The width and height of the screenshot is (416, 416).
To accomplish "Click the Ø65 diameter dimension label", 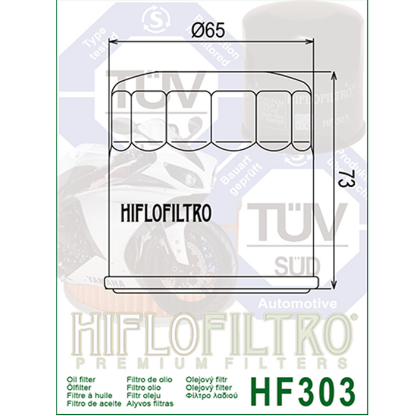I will click(209, 31).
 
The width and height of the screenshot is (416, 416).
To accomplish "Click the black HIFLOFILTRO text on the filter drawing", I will click(166, 213).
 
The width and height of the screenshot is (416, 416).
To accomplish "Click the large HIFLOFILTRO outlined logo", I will click(208, 334).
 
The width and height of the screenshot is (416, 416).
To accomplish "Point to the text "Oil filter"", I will click(82, 377).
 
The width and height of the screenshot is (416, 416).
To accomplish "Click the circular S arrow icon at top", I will click(156, 18).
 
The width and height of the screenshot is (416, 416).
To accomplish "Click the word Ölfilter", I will click(78, 385).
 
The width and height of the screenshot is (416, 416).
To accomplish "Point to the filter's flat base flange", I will click(209, 283).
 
